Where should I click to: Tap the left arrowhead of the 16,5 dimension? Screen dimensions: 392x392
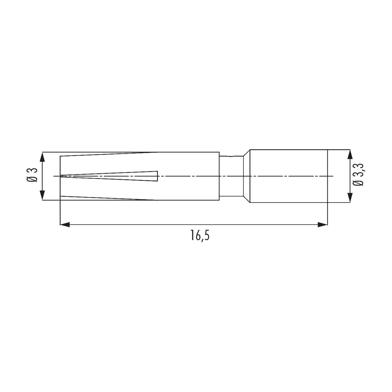point(65,224)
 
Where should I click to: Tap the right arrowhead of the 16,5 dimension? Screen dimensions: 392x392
point(323,224)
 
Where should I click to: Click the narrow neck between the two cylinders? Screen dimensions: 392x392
point(230,176)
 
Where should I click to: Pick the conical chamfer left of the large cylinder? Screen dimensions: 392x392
point(246,176)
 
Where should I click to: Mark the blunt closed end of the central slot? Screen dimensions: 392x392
point(158,176)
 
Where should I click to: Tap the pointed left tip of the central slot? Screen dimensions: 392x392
point(61,176)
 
